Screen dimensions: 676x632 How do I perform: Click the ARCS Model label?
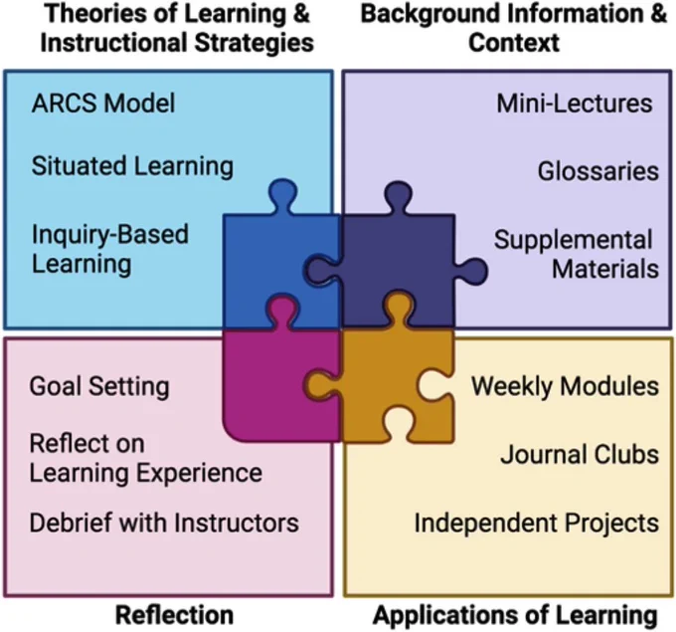pyautogui.click(x=103, y=104)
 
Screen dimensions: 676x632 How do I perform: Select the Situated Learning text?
pyautogui.click(x=132, y=166)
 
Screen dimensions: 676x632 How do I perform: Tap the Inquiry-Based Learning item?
pyautogui.click(x=110, y=249)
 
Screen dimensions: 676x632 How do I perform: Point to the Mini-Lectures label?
pyautogui.click(x=575, y=104)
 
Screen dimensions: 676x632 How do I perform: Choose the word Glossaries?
pyautogui.click(x=598, y=171)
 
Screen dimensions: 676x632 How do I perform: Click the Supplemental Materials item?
pyautogui.click(x=577, y=254)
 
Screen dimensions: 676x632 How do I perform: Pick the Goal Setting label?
pyautogui.click(x=99, y=386)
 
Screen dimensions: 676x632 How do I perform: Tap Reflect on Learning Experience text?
pyautogui.click(x=146, y=459)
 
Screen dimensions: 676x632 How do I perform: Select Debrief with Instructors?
pyautogui.click(x=164, y=523)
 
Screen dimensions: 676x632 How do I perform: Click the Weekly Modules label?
pyautogui.click(x=565, y=386)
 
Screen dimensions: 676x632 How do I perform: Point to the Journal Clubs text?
pyautogui.click(x=580, y=455)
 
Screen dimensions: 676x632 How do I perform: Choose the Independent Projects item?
pyautogui.click(x=536, y=524)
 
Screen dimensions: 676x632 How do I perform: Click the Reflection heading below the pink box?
pyautogui.click(x=174, y=615)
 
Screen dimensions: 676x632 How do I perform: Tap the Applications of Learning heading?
pyautogui.click(x=515, y=615)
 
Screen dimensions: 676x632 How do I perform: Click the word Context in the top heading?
pyautogui.click(x=514, y=43)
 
